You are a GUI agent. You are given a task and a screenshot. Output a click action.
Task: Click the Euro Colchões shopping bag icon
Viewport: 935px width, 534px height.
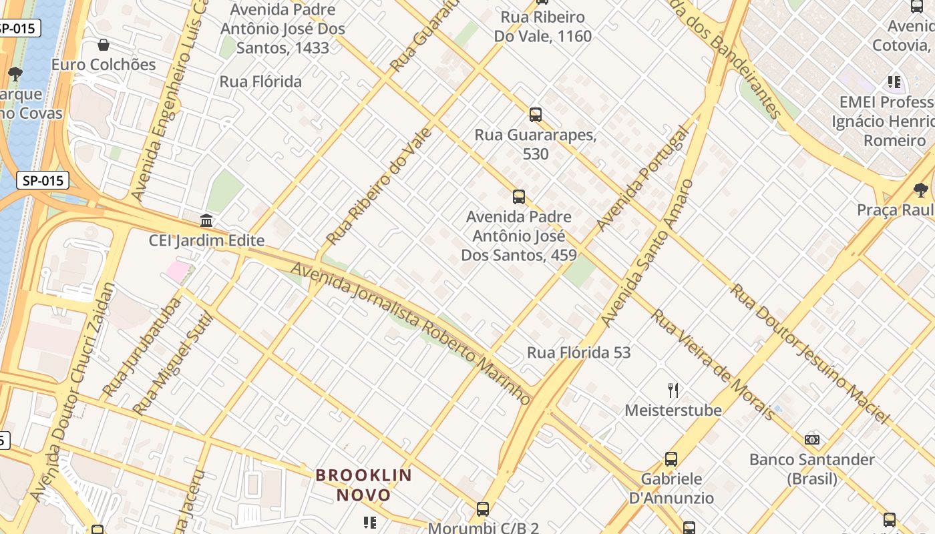[x=104, y=45]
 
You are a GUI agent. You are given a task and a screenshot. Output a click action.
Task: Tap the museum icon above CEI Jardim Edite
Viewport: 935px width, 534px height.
[x=206, y=220]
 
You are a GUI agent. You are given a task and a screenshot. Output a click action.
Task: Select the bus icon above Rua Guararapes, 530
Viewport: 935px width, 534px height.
[x=536, y=114]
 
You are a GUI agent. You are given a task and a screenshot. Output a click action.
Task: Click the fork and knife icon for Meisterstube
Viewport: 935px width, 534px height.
[x=673, y=390]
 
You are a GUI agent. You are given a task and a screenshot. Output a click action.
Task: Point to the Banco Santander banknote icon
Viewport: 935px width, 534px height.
[x=812, y=439]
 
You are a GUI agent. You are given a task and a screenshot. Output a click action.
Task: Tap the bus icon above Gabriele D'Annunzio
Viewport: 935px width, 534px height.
[x=671, y=459]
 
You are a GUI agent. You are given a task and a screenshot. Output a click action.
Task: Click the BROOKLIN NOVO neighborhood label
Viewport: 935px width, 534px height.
[x=364, y=485]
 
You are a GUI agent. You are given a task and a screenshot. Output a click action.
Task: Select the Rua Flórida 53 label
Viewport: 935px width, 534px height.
[x=578, y=352]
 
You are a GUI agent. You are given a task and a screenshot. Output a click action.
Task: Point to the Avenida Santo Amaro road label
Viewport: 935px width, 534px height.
[x=646, y=254]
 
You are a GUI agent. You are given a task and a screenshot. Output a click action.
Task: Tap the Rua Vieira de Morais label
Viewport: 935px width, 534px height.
[x=713, y=364]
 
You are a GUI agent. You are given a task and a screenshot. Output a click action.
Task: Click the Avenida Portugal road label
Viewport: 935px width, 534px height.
[x=642, y=179]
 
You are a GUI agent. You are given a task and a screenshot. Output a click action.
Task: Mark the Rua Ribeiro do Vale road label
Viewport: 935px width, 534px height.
[x=379, y=186]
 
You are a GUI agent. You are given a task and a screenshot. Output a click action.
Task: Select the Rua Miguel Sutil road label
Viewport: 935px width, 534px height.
[x=172, y=364]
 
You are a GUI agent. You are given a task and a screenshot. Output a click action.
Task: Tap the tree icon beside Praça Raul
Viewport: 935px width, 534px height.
[x=920, y=190]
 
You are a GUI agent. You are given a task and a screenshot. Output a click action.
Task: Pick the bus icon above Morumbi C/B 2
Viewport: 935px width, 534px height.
[x=483, y=509]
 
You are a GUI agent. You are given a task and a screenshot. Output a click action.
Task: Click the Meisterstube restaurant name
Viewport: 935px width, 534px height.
[x=673, y=410]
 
